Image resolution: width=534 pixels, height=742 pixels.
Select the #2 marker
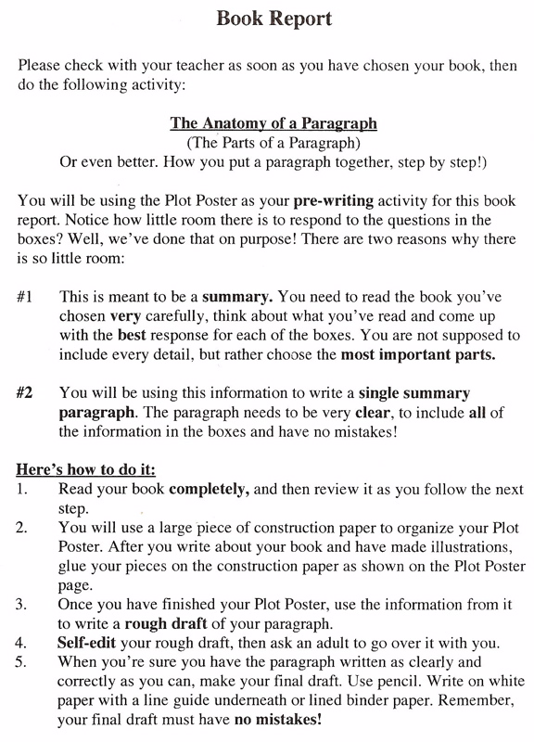pos(25,391)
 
